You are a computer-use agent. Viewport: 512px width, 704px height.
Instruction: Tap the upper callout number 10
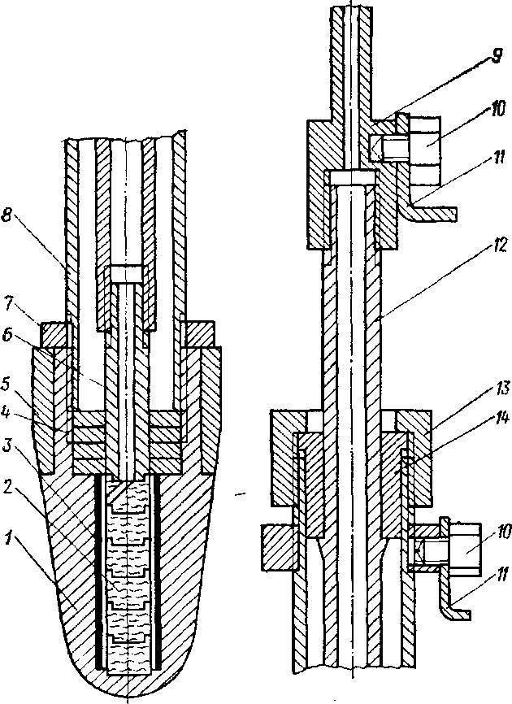pyautogui.click(x=496, y=110)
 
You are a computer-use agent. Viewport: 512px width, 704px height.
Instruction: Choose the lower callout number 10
pyautogui.click(x=501, y=532)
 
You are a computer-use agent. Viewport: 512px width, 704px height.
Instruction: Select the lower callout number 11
pyautogui.click(x=501, y=574)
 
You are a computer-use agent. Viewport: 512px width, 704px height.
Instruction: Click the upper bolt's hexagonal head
pyautogui.click(x=424, y=152)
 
